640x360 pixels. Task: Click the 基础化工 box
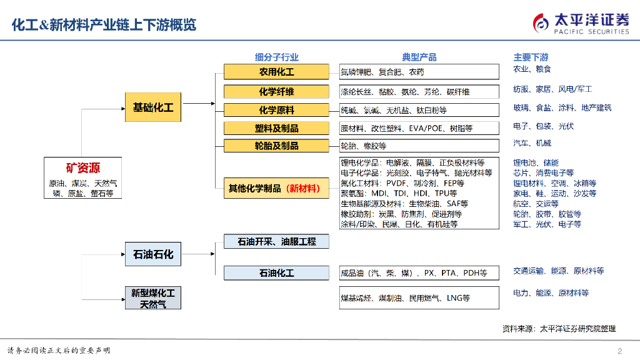coord(153,107)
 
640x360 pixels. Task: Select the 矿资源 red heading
coord(83,168)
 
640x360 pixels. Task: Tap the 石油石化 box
coord(153,254)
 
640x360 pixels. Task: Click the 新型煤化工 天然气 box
coord(153,298)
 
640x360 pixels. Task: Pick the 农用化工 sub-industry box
coord(276,72)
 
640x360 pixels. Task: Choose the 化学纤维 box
coord(276,91)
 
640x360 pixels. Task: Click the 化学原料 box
coord(276,110)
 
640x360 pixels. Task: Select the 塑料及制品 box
coord(276,128)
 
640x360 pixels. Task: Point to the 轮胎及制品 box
coord(276,146)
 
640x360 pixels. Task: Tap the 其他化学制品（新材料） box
coord(276,188)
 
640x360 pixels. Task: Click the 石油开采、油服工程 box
coord(276,241)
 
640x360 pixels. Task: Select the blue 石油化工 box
coord(276,272)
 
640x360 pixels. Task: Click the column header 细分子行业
coord(276,57)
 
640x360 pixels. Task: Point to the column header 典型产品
coord(419,57)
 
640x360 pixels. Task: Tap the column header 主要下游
coord(531,57)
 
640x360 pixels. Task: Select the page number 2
coord(620,350)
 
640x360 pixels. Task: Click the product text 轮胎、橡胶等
coord(363,146)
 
